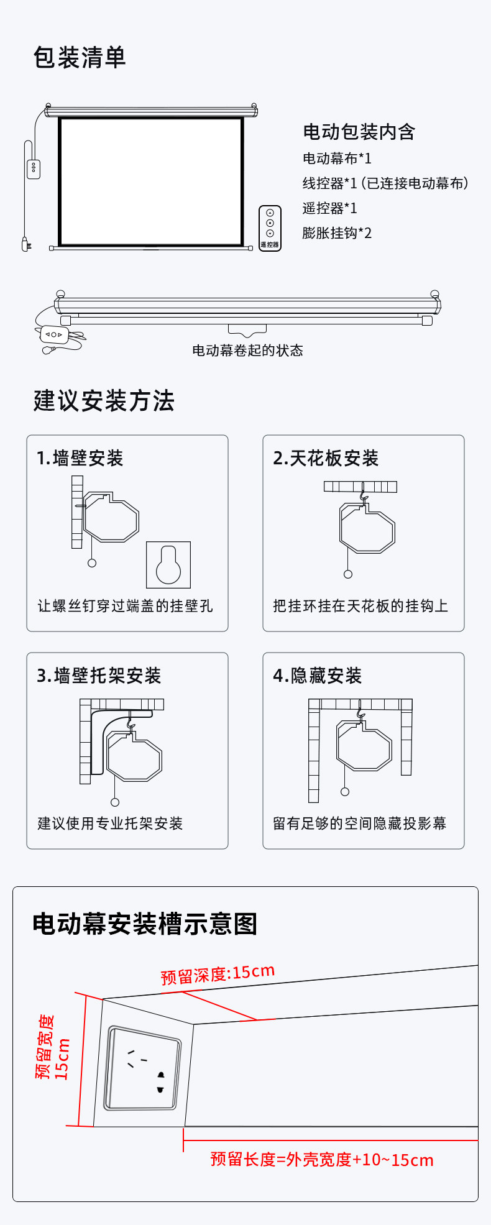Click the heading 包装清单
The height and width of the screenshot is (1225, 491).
pos(80,58)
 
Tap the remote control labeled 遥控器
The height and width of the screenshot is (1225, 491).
pos(270,228)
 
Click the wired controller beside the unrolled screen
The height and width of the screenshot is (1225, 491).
pos(34,170)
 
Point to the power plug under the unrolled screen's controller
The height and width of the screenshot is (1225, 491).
pos(25,244)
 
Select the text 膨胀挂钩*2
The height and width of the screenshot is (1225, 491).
pos(337,233)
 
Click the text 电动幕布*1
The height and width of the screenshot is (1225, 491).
pos(337,158)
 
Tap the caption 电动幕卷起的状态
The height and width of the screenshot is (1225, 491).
pos(247,351)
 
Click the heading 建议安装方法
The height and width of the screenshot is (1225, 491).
pos(104,401)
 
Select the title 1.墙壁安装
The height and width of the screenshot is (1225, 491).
pos(80,459)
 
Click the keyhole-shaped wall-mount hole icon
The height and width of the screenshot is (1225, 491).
pos(168,565)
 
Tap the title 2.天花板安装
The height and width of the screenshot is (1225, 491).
pos(326,459)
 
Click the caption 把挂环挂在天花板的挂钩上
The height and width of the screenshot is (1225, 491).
pos(360,606)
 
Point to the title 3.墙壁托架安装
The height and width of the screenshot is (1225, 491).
pos(99,676)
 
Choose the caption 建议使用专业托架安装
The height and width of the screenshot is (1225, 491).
pos(110,824)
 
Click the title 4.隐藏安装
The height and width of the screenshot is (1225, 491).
pos(317,676)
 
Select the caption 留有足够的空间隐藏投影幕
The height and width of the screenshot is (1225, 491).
pos(360,824)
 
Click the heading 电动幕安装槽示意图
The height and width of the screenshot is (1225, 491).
pos(145,924)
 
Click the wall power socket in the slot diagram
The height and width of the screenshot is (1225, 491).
pos(142,1069)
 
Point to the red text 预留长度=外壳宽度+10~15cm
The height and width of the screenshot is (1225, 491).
pos(322,1160)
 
